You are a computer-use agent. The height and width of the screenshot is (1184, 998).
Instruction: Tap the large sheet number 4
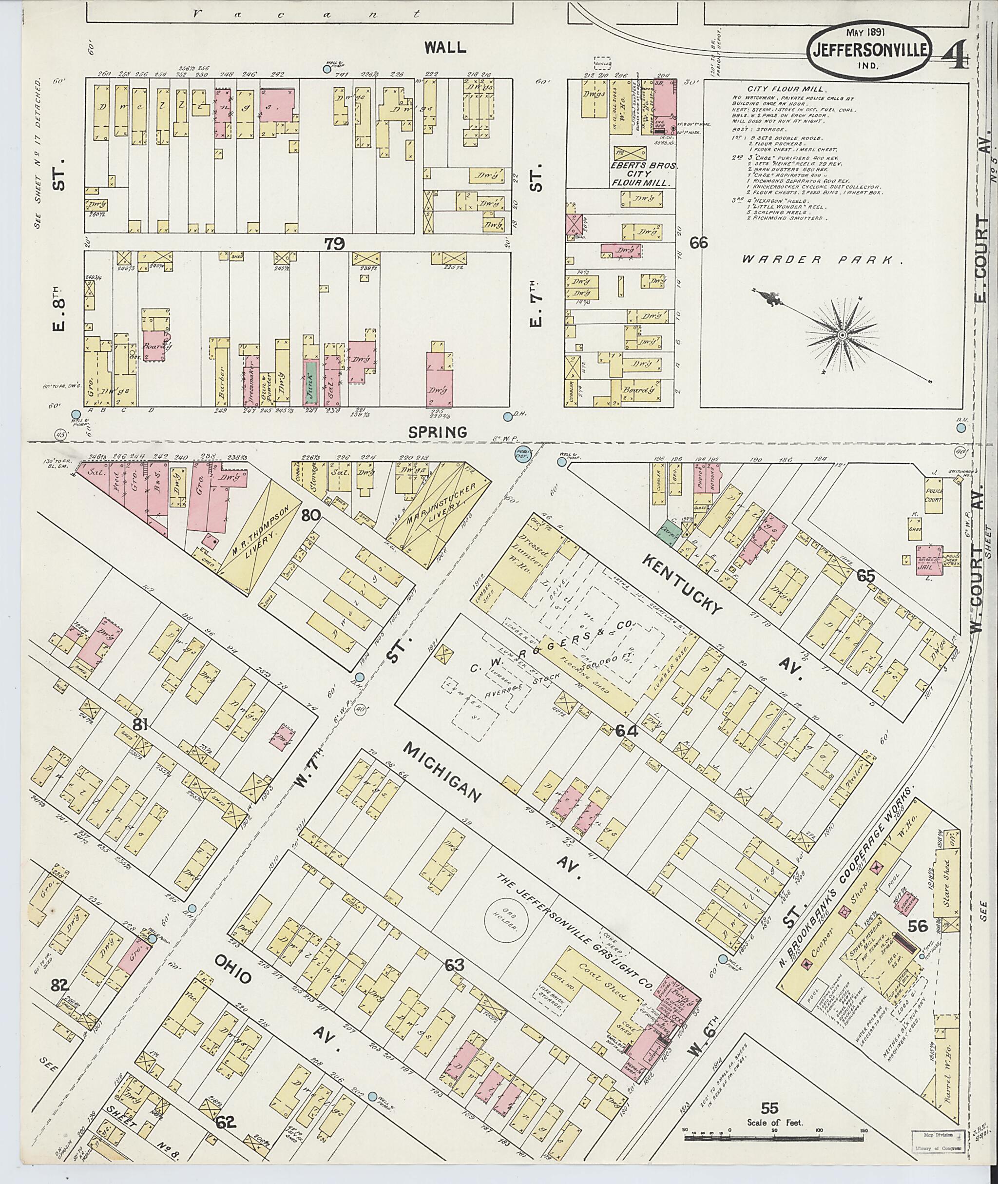(x=956, y=54)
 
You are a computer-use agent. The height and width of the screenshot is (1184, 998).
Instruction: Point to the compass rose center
(x=843, y=336)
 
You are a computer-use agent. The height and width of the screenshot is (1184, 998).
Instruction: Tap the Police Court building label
(x=934, y=496)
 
